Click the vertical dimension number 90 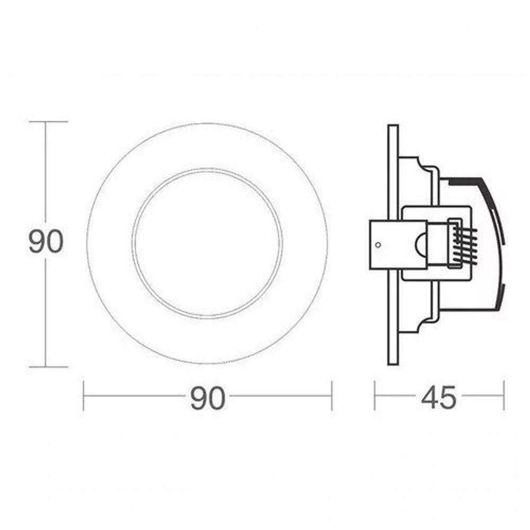46,242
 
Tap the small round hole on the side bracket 377,245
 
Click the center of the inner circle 207,243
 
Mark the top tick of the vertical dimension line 46,121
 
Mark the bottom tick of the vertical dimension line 46,366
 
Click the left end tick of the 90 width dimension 84,395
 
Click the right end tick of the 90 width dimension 332,395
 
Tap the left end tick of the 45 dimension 375,395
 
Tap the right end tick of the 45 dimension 503,395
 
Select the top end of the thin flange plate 393,126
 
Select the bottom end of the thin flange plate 393,363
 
